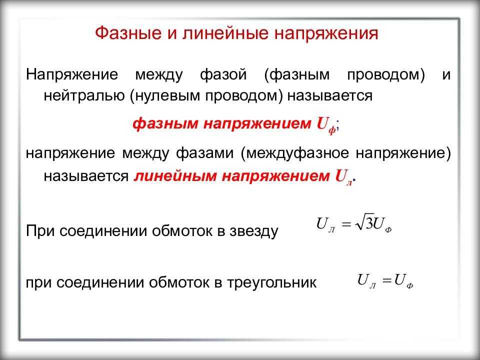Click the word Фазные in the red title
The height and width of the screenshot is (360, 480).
[128, 33]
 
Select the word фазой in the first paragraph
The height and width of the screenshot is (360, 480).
[223, 75]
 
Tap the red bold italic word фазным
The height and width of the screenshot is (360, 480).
[165, 124]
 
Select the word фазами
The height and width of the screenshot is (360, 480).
[204, 153]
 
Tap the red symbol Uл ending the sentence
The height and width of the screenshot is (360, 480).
[344, 177]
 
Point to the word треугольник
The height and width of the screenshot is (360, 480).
[271, 282]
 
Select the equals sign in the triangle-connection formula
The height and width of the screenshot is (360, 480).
[387, 280]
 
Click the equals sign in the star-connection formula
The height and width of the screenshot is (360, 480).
[346, 224]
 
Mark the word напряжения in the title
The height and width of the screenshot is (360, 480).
[326, 33]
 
